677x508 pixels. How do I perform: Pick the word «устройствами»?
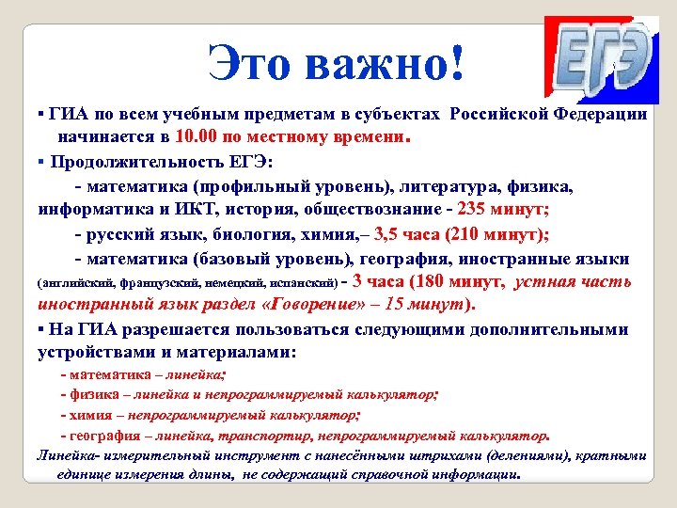(102, 353)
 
